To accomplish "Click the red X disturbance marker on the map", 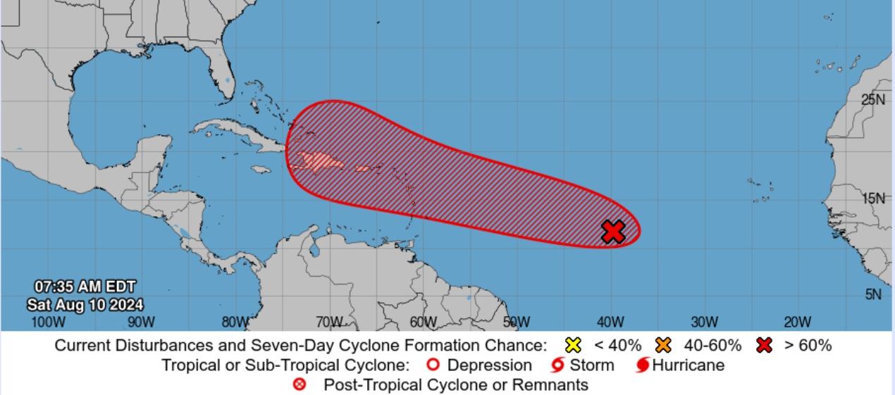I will coord(614,231).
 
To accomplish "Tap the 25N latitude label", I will coord(873,99).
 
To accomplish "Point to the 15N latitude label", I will coord(873,198).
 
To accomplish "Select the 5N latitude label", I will coord(873,294).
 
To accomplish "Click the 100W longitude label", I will coord(48,322).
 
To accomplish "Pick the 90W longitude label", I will coord(141,322).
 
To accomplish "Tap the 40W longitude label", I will coord(610,322).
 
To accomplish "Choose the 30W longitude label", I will coord(704,322).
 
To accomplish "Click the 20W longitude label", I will coord(798,322).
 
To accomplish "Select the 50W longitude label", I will coord(517,322).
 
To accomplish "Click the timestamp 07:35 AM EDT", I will coord(85,287).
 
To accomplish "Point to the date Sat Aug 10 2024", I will coord(85,305).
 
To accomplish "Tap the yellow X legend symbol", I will coord(574,345).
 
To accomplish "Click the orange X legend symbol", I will coord(663,345).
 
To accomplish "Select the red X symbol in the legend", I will coord(764,345).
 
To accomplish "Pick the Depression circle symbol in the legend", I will coord(433,365).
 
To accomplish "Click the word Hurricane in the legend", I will coord(688,365).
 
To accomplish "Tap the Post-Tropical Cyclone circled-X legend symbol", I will coord(300,384).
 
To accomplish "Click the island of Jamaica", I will coord(261,170).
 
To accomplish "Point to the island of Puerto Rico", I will coord(362,168).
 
